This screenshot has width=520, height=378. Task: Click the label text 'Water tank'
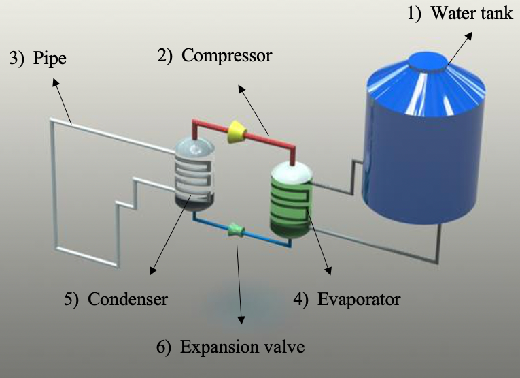click(472, 13)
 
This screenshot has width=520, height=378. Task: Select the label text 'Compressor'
click(226, 56)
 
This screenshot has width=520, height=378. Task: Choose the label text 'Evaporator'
click(358, 299)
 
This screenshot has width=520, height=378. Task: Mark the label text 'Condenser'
click(126, 299)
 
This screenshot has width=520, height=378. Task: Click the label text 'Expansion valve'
click(243, 347)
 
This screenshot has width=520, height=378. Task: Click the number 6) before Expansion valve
click(164, 347)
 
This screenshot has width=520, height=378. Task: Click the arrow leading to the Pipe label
click(63, 102)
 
